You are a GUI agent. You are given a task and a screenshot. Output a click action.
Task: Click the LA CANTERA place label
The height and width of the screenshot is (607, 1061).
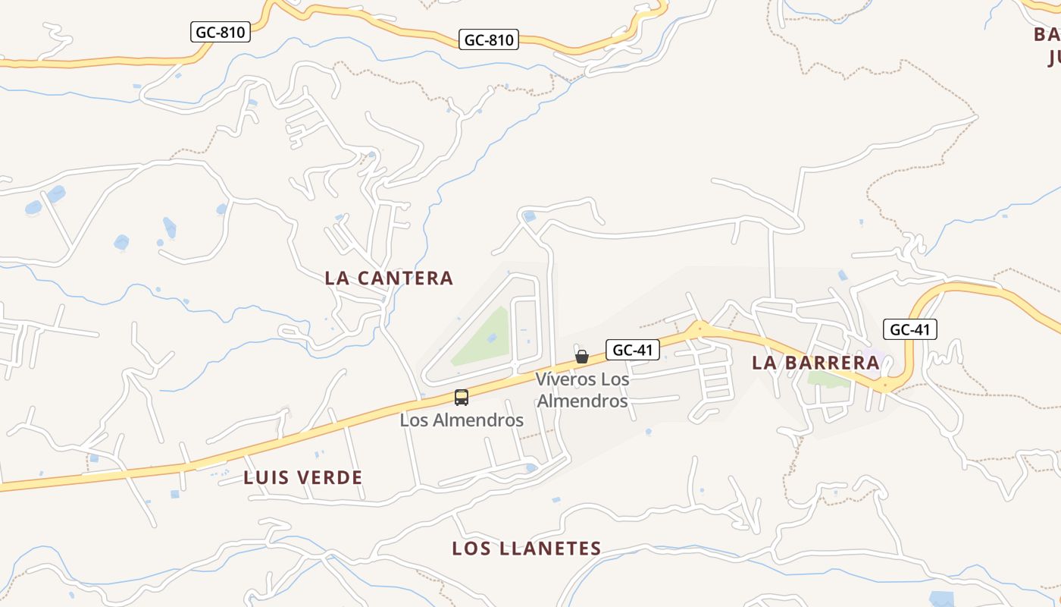coord(389,278)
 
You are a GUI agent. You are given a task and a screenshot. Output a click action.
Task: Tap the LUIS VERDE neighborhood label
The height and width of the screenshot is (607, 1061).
coord(303,478)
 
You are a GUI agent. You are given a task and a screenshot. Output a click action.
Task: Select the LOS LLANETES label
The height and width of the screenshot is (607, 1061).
coord(527,549)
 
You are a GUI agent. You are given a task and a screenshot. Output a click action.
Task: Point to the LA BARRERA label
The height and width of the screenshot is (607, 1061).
coord(815,363)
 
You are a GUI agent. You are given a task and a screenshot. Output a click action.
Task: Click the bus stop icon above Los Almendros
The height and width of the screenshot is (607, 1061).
coord(462,397)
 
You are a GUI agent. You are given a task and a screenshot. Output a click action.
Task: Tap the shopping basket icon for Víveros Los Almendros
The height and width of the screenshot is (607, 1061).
coord(582,357)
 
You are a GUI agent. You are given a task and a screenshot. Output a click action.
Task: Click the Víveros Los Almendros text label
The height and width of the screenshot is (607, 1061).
coord(582,389)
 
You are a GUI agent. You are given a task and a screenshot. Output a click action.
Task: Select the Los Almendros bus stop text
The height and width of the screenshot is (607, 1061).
coord(462,420)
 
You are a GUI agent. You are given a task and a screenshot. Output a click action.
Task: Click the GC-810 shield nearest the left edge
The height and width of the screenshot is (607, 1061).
coord(220,33)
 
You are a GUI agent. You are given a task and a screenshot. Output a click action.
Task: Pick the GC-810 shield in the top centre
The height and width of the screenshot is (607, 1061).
coord(489,39)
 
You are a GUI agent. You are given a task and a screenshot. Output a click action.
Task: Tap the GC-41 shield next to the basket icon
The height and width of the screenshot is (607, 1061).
coord(632,350)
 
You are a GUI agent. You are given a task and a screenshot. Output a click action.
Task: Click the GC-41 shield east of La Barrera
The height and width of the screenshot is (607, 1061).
coord(909,329)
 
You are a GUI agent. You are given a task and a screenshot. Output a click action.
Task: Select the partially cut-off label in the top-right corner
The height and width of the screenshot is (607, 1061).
coord(1047,46)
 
